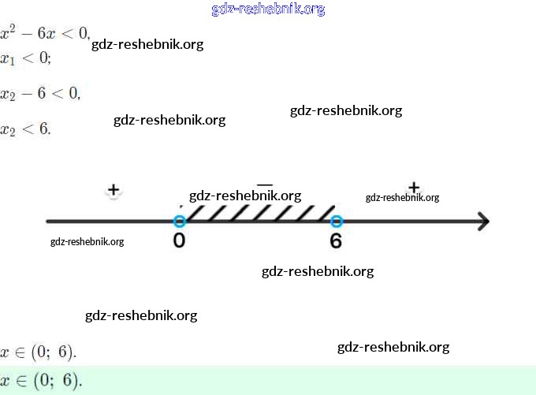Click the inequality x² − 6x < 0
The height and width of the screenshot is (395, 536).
click(x=45, y=34)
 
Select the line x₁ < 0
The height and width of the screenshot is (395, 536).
click(x=25, y=58)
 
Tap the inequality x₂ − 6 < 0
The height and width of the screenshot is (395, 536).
click(x=40, y=93)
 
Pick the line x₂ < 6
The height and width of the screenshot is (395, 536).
click(x=25, y=129)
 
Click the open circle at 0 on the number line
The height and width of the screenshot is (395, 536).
click(x=179, y=222)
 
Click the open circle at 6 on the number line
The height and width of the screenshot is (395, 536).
click(x=337, y=222)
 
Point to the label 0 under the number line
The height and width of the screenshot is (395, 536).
click(x=179, y=240)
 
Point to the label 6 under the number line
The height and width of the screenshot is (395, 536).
click(x=337, y=240)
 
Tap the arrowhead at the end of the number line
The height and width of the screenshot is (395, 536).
click(x=482, y=222)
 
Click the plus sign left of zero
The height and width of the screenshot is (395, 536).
click(x=114, y=190)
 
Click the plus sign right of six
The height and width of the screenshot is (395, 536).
click(x=414, y=187)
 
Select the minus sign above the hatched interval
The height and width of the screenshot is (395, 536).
click(x=266, y=184)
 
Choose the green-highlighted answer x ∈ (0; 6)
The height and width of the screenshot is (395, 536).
click(x=41, y=381)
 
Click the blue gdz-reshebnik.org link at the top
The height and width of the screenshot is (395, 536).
click(x=268, y=9)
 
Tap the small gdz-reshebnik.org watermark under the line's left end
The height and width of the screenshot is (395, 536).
click(x=87, y=241)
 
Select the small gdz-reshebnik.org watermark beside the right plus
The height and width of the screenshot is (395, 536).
click(x=402, y=198)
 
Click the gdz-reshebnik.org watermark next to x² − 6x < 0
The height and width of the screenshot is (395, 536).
click(x=147, y=44)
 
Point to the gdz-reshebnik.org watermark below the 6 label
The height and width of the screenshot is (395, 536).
click(x=318, y=271)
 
